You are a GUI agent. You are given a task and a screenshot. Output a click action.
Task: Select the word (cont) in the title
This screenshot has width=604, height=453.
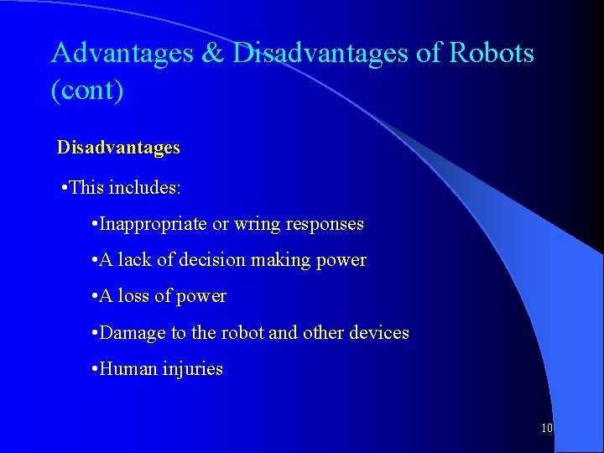[87, 90]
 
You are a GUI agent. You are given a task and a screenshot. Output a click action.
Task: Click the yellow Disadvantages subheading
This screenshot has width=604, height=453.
[118, 148]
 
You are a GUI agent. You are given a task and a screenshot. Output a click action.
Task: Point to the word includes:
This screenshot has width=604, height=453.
[143, 187]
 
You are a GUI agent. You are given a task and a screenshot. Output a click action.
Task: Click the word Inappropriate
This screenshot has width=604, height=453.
[154, 224]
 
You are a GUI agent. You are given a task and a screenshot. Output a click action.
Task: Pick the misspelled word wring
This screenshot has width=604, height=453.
[258, 224]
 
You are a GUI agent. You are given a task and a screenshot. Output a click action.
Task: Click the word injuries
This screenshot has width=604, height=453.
[192, 369]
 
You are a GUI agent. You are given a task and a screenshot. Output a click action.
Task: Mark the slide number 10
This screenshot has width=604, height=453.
[547, 428]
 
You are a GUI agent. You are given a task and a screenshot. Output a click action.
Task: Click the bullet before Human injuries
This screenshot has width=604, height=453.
[94, 369]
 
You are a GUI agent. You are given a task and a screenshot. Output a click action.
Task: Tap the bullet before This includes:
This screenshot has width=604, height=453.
[65, 188]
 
